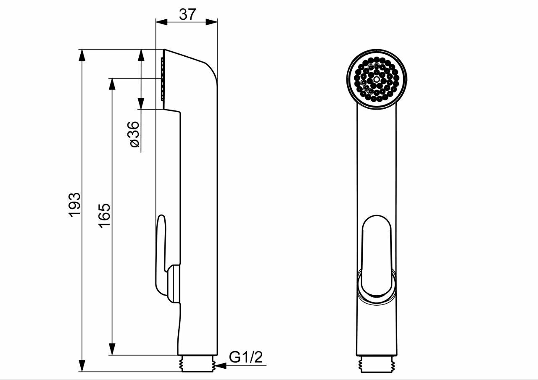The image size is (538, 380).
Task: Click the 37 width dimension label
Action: tap(187, 14)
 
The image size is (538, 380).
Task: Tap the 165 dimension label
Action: tap(104, 216)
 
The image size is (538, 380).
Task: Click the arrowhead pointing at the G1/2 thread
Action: tap(221, 372)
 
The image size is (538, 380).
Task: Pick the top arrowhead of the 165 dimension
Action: tap(112, 84)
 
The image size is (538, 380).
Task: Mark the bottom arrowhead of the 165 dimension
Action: tap(112, 349)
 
